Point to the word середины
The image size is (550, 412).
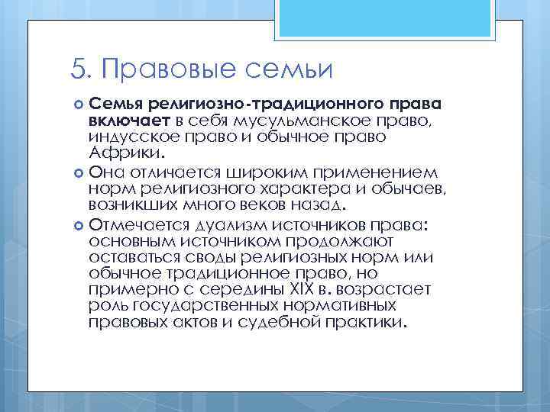229,291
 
